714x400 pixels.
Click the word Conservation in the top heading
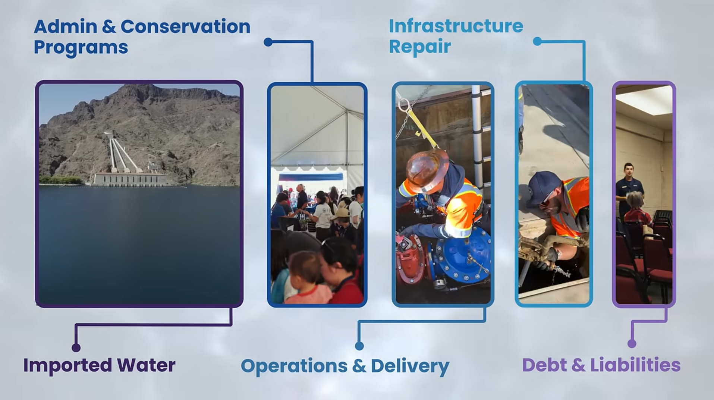(185, 26)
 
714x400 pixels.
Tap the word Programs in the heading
(81, 47)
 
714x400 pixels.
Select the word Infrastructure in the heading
(456, 26)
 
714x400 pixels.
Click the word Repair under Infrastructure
(420, 47)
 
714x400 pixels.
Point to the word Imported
(67, 365)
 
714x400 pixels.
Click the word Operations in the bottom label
(294, 366)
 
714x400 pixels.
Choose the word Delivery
(410, 366)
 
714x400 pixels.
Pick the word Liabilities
(635, 365)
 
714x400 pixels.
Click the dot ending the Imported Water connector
(76, 348)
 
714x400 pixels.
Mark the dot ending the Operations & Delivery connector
(359, 346)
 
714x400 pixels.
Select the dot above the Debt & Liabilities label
(632, 344)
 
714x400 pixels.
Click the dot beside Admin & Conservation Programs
(268, 42)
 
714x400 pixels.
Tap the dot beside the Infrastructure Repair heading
(537, 41)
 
